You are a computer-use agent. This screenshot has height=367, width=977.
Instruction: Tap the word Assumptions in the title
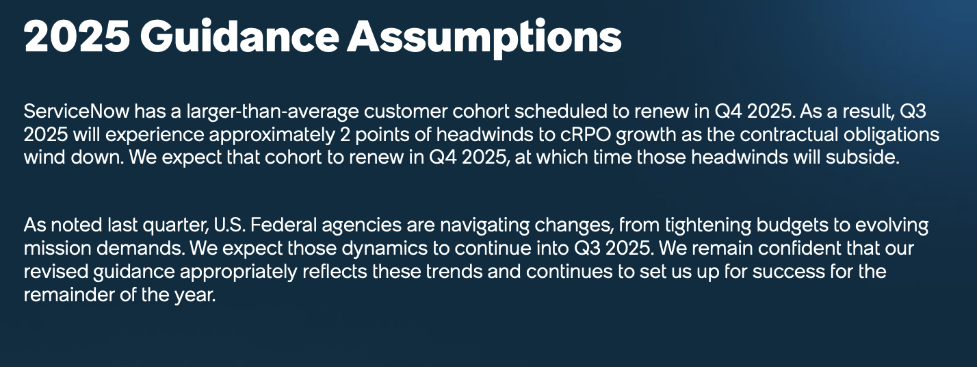484,38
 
